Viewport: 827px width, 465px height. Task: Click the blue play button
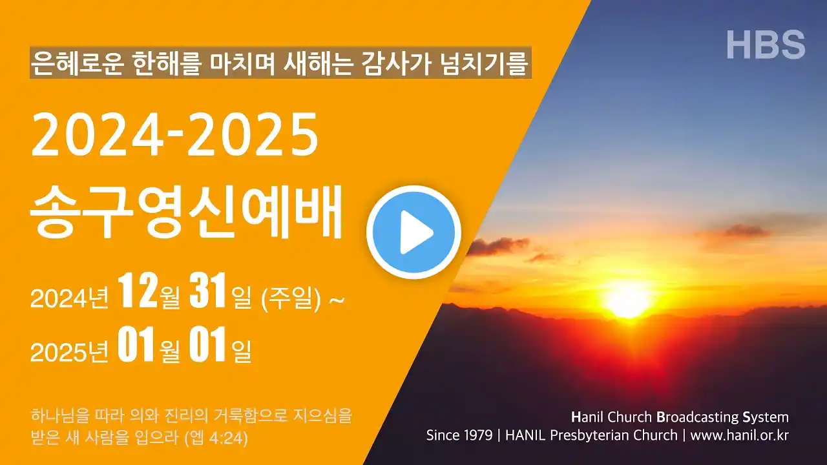413,232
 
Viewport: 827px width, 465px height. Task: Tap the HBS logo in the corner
766,45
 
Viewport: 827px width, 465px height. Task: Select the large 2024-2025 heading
174,134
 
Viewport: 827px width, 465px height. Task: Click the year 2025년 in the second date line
69,352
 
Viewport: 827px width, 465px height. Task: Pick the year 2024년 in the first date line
69,298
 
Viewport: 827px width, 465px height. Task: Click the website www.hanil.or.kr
739,435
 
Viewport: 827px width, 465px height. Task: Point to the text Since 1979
459,435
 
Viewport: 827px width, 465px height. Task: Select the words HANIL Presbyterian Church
591,436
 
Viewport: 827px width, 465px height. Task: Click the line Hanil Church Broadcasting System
680,417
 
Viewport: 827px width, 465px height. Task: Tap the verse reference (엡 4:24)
216,438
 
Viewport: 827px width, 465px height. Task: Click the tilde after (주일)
337,299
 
